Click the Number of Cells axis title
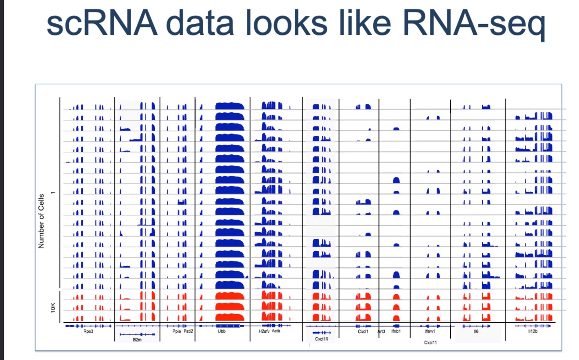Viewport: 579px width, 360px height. click(41, 221)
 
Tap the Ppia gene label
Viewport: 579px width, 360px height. click(176, 331)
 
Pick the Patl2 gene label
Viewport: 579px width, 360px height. click(188, 331)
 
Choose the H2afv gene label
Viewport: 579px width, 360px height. click(264, 331)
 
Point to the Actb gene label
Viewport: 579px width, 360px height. click(276, 331)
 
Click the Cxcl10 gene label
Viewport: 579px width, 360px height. click(321, 340)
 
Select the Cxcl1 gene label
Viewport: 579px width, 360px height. click(363, 331)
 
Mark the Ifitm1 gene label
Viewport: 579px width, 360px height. click(430, 331)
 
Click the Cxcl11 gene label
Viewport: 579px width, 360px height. click(430, 342)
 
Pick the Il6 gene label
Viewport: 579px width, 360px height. click(476, 331)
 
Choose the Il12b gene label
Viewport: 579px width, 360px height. click(533, 331)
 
